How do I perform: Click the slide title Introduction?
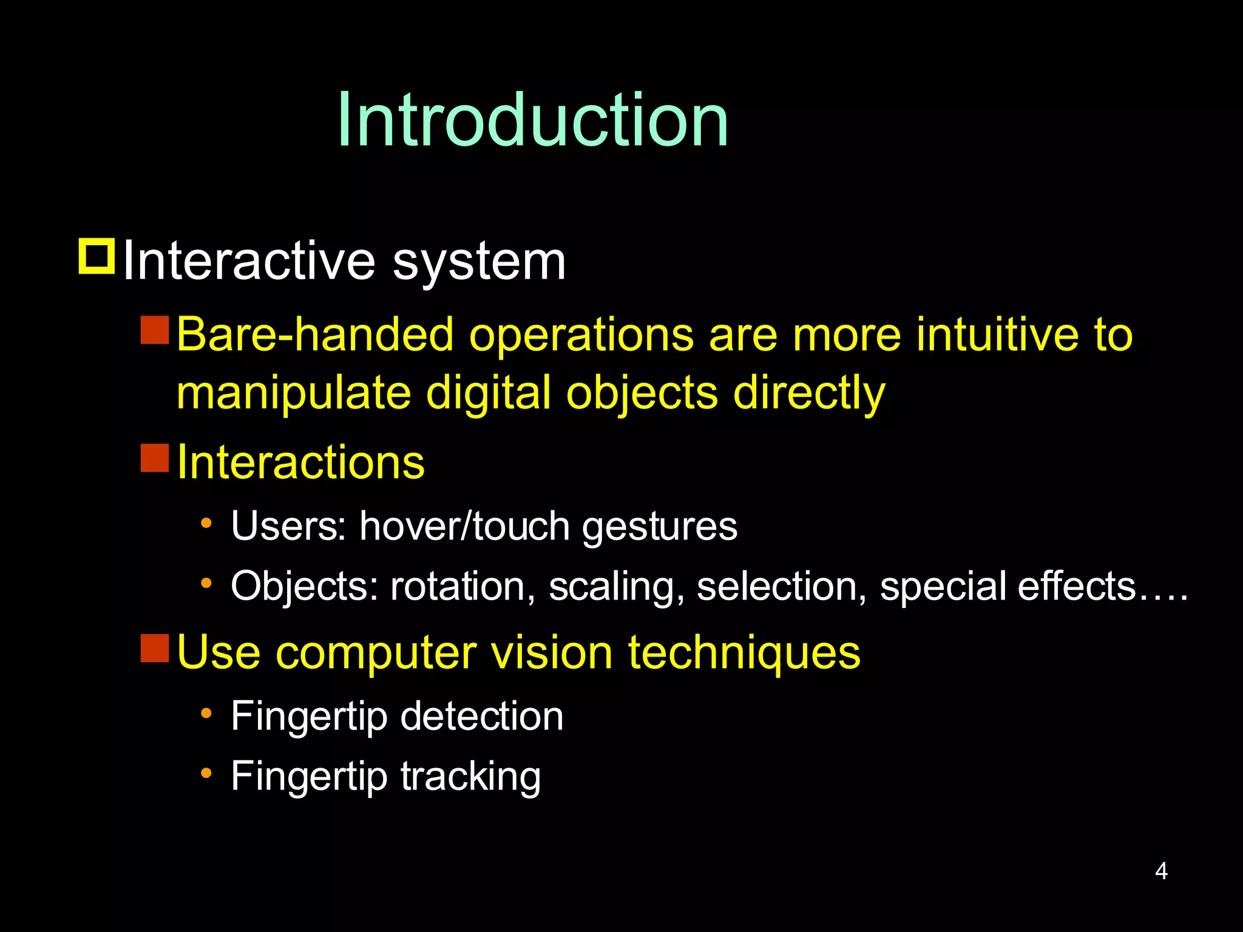point(533,120)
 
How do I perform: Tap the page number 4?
point(1161,871)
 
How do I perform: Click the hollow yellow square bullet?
point(97,257)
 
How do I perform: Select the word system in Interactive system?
point(479,262)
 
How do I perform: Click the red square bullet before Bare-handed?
point(155,330)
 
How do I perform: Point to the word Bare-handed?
point(315,334)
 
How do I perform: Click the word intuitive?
point(997,334)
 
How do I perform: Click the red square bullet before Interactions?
point(155,458)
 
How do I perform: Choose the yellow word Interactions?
point(300,462)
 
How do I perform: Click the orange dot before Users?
point(206,522)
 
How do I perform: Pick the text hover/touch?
point(464,525)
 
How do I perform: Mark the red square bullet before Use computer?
point(155,648)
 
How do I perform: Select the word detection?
point(481,716)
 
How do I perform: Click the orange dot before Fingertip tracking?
point(206,773)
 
